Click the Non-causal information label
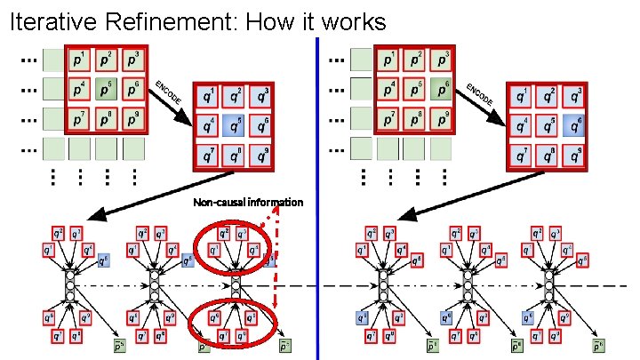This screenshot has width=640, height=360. tap(248, 203)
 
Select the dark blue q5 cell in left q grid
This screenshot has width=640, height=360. tap(234, 125)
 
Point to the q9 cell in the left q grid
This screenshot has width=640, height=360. tap(260, 156)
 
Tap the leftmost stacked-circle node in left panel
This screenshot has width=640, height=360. tap(70, 285)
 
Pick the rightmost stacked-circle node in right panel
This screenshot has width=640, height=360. tap(550, 285)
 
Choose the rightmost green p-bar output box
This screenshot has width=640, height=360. tap(598, 346)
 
